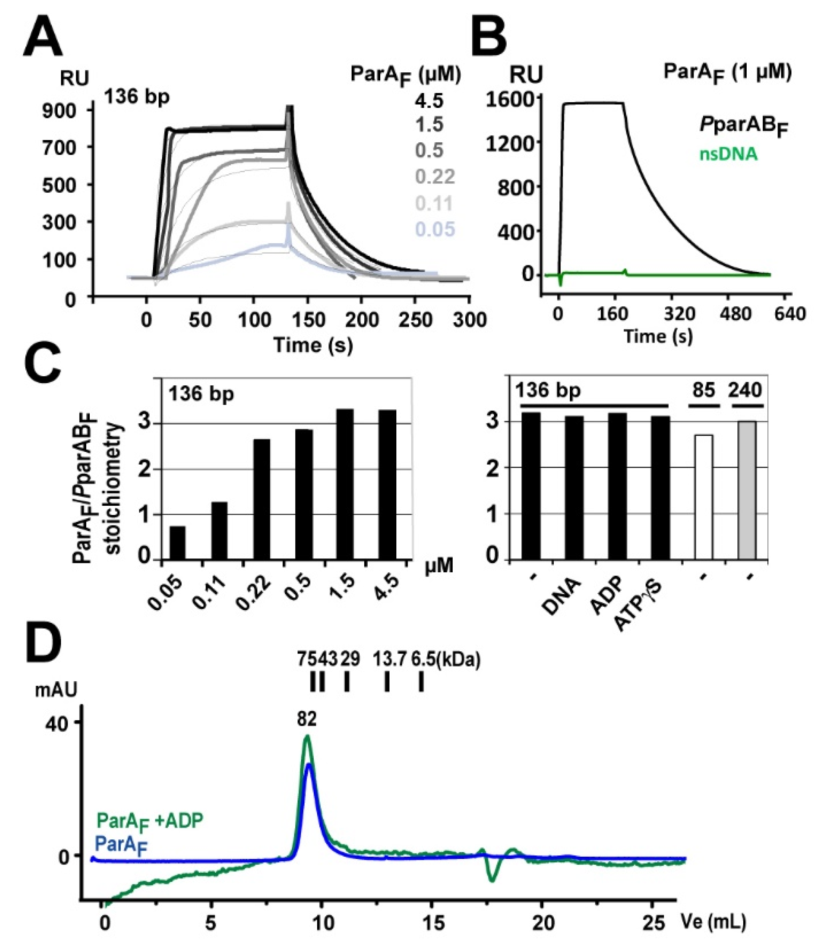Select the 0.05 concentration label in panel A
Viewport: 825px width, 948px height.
tap(435, 229)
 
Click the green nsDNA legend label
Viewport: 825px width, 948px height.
tap(728, 154)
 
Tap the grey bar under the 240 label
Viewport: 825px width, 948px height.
tap(747, 490)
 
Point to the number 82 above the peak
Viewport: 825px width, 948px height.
tap(307, 719)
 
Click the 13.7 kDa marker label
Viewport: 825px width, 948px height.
tap(390, 660)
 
